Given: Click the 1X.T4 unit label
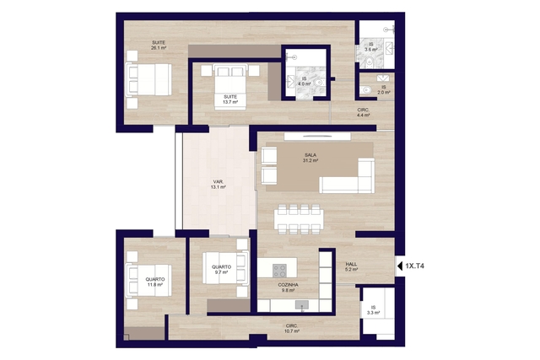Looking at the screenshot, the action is [x=414, y=266].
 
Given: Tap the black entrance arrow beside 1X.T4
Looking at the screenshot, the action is [x=400, y=266].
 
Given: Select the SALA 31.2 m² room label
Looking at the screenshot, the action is [x=310, y=158].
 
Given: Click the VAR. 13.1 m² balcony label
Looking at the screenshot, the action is [x=218, y=185].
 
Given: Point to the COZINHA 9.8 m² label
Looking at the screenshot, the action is [x=289, y=287].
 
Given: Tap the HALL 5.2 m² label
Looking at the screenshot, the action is [x=351, y=266].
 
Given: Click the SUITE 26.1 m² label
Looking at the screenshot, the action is [x=159, y=46].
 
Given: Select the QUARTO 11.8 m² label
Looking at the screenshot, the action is [x=155, y=282].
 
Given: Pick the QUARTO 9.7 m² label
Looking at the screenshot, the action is [x=221, y=270].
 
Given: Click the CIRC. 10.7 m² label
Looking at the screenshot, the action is [x=291, y=328].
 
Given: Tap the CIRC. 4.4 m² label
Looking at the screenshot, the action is [x=364, y=112].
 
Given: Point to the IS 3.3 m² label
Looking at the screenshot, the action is [x=373, y=310].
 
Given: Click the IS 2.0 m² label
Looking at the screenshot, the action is [x=384, y=90].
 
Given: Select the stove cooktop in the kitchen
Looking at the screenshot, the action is [x=279, y=271].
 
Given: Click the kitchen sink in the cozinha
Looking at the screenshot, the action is [x=302, y=304].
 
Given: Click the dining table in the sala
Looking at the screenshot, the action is [x=299, y=218].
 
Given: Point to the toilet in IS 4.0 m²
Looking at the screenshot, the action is [x=319, y=83].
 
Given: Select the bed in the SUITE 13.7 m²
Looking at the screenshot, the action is [x=230, y=87].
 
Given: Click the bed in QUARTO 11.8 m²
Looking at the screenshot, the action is [x=148, y=281].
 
